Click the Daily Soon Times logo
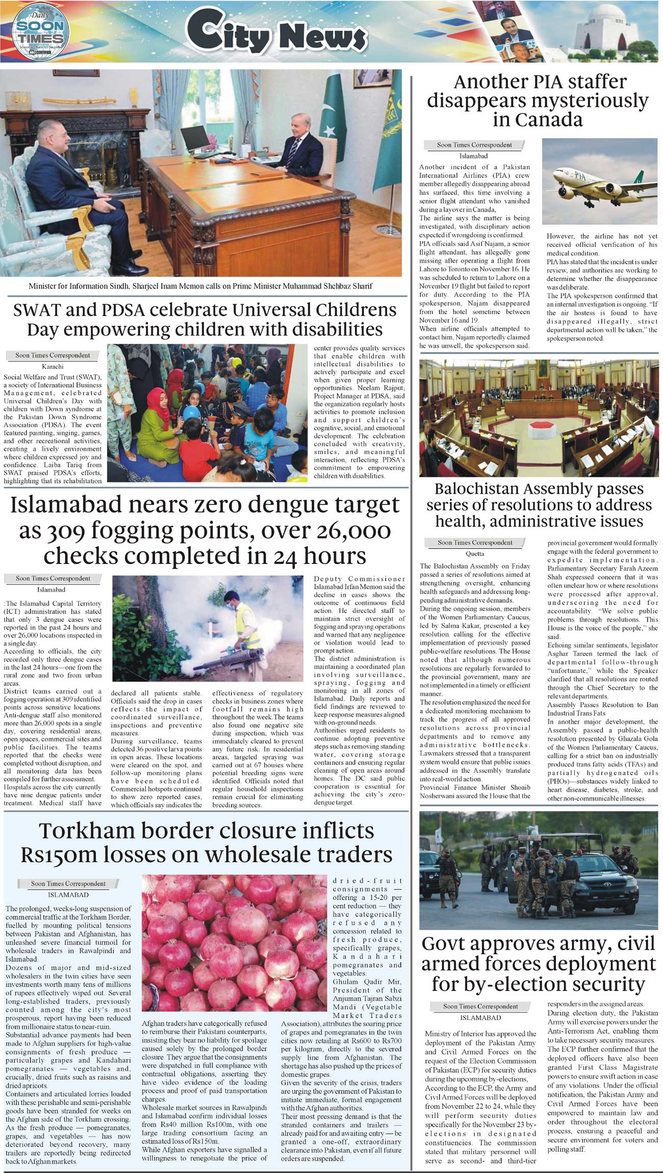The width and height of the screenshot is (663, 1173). tap(39, 32)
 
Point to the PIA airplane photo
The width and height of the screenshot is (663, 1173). tap(599, 182)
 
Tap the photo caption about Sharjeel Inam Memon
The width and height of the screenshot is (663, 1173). tap(200, 286)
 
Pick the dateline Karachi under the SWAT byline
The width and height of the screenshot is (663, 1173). tap(53, 366)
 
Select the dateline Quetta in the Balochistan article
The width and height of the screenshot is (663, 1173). tap(475, 554)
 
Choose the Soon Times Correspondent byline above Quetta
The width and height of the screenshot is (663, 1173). tap(475, 543)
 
